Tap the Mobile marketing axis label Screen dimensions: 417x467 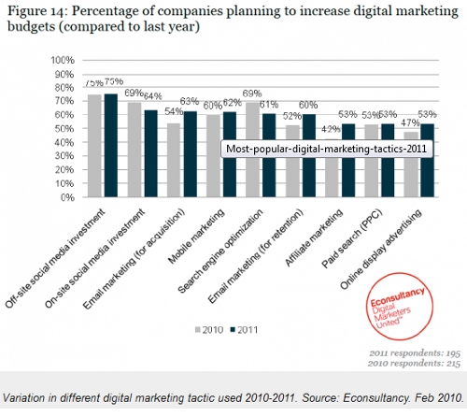tap(205, 235)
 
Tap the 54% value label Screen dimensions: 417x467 tap(171, 112)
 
